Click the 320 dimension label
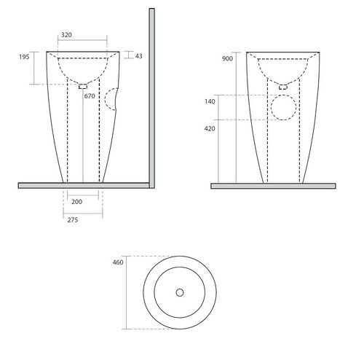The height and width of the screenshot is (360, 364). (x=66, y=35)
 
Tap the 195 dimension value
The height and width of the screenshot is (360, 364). (x=24, y=57)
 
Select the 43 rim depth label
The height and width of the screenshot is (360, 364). (x=138, y=56)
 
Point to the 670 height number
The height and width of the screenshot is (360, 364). (x=90, y=96)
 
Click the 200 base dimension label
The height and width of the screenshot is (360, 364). (x=76, y=202)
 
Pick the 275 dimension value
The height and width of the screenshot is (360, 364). (x=73, y=220)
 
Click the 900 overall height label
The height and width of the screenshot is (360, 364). (x=227, y=58)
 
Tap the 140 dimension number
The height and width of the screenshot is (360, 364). (x=210, y=101)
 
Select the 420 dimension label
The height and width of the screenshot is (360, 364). (x=210, y=128)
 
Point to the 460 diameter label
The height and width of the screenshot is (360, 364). (x=118, y=262)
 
